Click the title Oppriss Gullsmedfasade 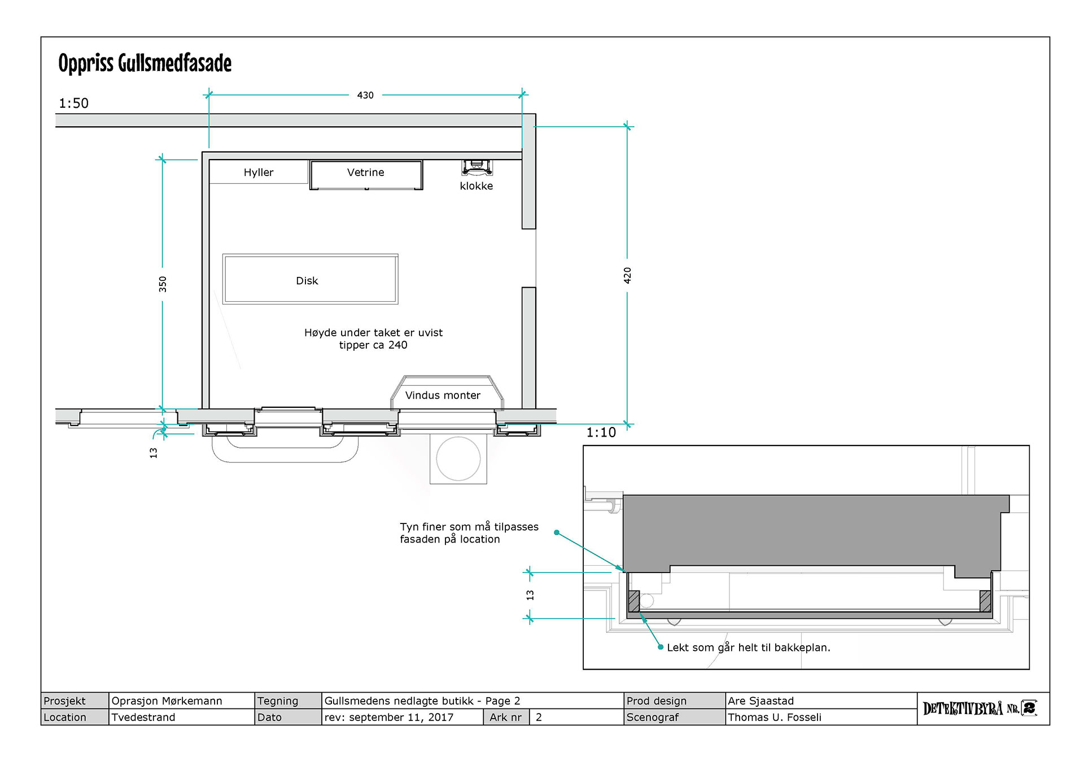[145, 63]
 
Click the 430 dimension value [365, 95]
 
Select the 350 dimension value [163, 284]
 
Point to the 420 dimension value [627, 275]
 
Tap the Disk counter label [307, 281]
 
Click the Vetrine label [365, 173]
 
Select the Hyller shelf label [258, 173]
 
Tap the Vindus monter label [443, 395]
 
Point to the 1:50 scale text [73, 103]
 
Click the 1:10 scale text [601, 433]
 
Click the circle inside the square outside [458, 459]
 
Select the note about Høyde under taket [373, 339]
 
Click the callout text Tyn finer [469, 533]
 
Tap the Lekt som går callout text [748, 648]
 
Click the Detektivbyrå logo [980, 708]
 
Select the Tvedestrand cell [143, 717]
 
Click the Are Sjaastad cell [760, 701]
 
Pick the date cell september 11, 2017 [388, 717]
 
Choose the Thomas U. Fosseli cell [774, 717]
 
